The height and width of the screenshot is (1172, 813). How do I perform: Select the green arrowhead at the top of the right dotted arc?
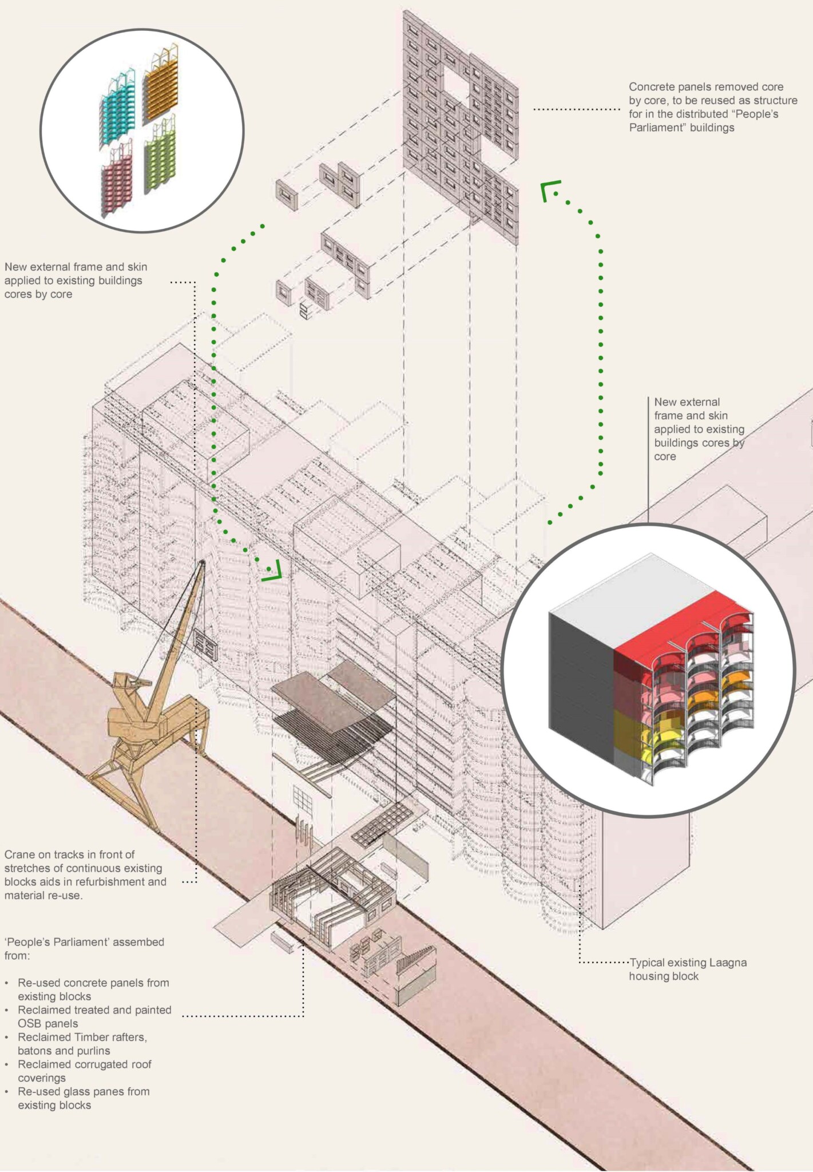click(x=550, y=189)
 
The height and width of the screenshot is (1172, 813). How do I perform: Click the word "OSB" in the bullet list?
click(x=30, y=1023)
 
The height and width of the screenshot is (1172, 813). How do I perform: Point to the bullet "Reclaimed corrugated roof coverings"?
click(x=85, y=1071)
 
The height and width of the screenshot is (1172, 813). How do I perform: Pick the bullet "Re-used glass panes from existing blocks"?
click(x=84, y=1098)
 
